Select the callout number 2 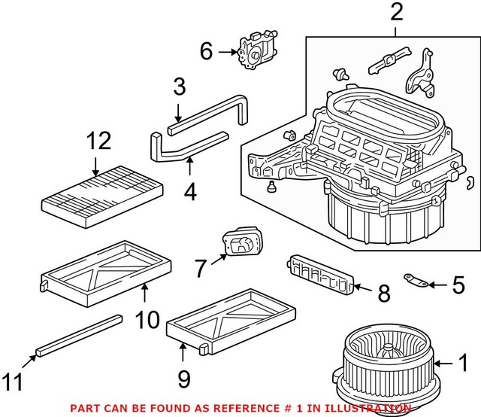[x=396, y=13]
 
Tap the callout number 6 [x=207, y=51]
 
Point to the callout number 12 [x=98, y=142]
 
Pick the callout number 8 [x=383, y=292]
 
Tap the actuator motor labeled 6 [x=256, y=50]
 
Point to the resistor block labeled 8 [x=319, y=272]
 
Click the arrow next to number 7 [x=219, y=260]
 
